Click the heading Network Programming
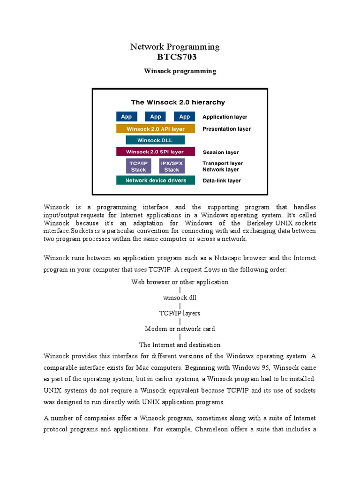click(x=174, y=46)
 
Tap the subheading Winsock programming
click(x=180, y=71)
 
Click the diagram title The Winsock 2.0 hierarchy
click(x=178, y=102)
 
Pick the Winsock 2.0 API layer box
click(x=155, y=129)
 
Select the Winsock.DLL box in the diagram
click(x=155, y=140)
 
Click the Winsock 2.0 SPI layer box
click(x=155, y=152)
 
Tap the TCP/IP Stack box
click(x=138, y=166)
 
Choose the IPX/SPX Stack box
click(x=172, y=166)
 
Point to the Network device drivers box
click(x=155, y=180)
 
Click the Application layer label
click(x=225, y=117)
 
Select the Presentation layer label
click(x=226, y=129)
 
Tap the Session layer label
click(x=220, y=152)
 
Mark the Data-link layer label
click(x=222, y=180)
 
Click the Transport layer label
click(x=223, y=163)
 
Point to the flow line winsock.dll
click(x=180, y=298)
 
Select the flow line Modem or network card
click(x=180, y=329)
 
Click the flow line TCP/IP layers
click(x=180, y=313)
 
